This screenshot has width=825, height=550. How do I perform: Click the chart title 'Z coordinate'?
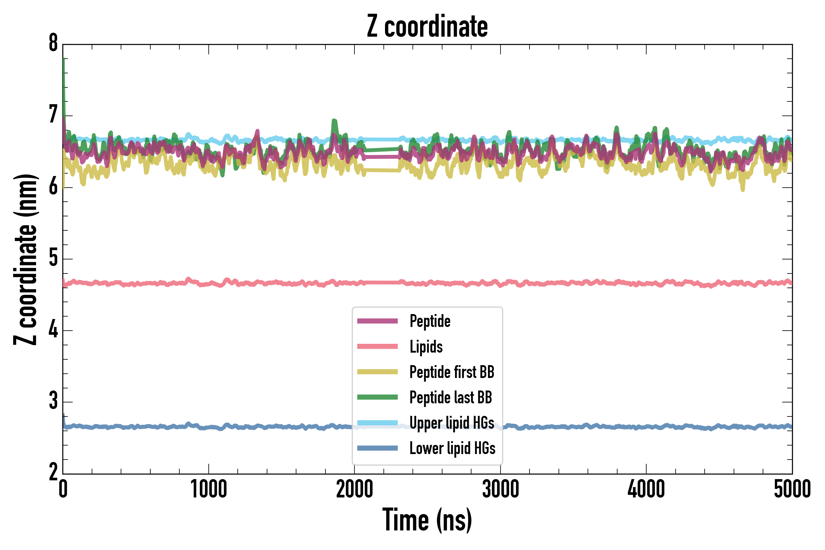pyautogui.click(x=427, y=27)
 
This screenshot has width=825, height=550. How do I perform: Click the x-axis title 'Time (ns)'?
pyautogui.click(x=427, y=520)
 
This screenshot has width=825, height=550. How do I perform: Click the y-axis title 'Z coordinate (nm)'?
pyautogui.click(x=25, y=259)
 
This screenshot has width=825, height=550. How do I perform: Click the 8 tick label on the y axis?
pyautogui.click(x=53, y=43)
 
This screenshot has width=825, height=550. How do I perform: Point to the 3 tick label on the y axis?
pyautogui.click(x=53, y=401)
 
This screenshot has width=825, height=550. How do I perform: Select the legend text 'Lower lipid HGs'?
pyautogui.click(x=453, y=448)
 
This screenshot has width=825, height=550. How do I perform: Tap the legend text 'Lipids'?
pyautogui.click(x=426, y=346)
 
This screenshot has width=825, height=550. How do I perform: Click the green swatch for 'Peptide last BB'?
pyautogui.click(x=377, y=397)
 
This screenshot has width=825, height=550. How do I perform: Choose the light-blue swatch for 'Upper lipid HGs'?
pyautogui.click(x=377, y=423)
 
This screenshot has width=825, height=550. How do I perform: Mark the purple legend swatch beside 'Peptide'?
pyautogui.click(x=377, y=321)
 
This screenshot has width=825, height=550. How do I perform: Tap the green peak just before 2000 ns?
pyautogui.click(x=334, y=123)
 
